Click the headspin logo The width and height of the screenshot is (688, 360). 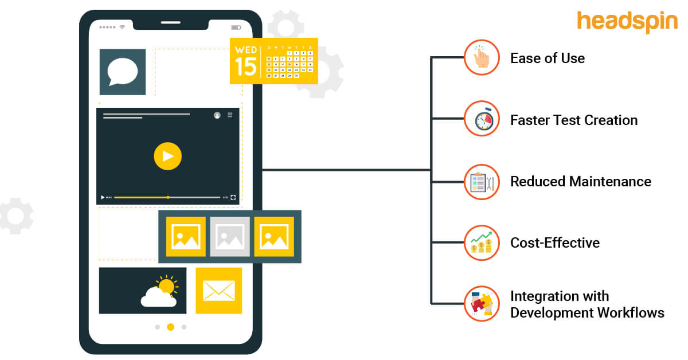[x=627, y=22]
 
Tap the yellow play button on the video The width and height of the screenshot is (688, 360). [x=167, y=156]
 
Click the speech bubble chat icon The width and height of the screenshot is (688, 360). [x=123, y=72]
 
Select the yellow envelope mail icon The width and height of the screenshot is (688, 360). [x=218, y=291]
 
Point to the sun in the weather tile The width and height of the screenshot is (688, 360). [x=167, y=285]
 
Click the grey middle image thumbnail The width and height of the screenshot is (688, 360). [x=230, y=236]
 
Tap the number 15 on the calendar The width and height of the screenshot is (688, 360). [x=245, y=66]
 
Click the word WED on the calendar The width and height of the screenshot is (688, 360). [x=245, y=50]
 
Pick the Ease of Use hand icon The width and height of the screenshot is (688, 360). [x=482, y=58]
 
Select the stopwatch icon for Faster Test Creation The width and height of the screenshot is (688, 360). [x=482, y=120]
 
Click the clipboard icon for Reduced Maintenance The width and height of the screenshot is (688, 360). [x=482, y=182]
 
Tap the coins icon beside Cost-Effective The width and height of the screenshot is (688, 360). [x=482, y=243]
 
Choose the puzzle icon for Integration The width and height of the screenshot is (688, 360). [x=482, y=304]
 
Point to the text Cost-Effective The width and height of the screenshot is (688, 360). [x=555, y=243]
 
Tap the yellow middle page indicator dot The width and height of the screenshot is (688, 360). [x=170, y=327]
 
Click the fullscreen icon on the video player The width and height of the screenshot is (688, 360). [x=233, y=197]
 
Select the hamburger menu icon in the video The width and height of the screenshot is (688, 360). [x=230, y=115]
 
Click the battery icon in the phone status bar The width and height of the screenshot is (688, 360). [x=236, y=27]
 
